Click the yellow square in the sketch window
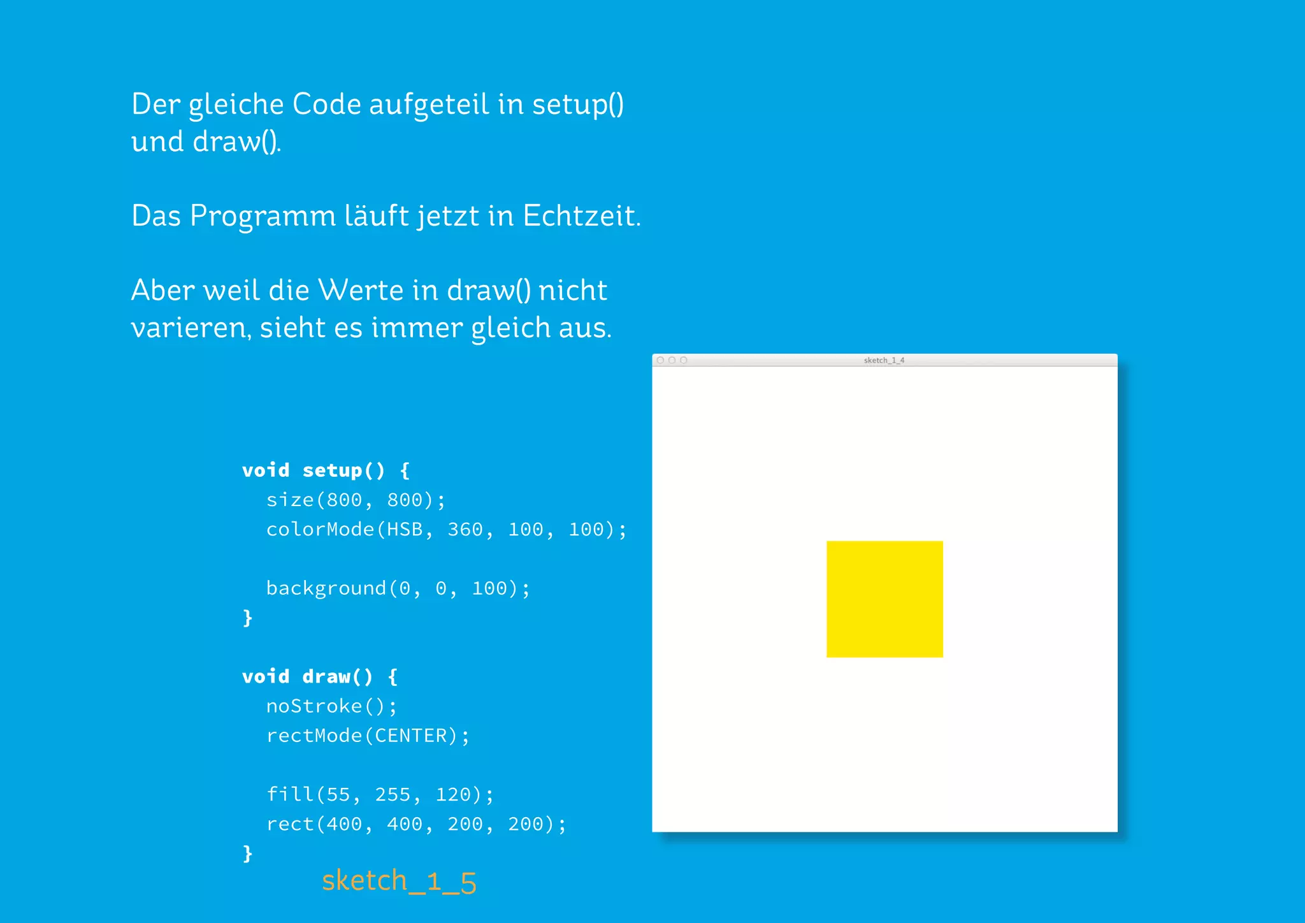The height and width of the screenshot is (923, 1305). point(884,599)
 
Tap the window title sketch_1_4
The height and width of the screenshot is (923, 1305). point(884,360)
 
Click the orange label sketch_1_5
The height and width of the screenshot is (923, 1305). point(399,882)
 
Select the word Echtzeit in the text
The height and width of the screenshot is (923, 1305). point(580,216)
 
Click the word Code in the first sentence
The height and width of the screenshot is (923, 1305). point(326,105)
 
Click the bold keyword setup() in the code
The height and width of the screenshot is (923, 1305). point(343,470)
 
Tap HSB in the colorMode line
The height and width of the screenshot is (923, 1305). point(405,530)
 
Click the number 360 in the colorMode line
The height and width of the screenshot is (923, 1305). point(465,530)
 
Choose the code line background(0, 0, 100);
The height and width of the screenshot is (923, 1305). point(398,588)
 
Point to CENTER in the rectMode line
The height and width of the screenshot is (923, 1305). point(411,736)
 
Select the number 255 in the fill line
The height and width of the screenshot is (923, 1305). point(393,795)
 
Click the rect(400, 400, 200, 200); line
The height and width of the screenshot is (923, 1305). point(416,824)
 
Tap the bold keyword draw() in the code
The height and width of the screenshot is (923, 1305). point(337,676)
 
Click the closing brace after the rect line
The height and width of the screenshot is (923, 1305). point(248,854)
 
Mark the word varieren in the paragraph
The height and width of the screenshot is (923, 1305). point(190,328)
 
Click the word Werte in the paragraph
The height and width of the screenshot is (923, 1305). point(361,291)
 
